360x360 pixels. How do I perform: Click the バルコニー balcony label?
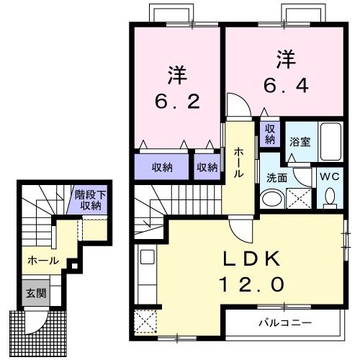click(x=285, y=323)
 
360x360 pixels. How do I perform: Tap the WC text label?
click(x=329, y=176)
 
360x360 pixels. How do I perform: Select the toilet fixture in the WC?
click(x=330, y=196)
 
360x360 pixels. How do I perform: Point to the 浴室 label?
click(x=300, y=142)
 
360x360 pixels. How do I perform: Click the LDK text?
click(x=252, y=257)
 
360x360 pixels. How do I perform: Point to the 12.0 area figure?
click(x=252, y=284)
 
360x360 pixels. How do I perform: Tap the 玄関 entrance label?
click(x=35, y=293)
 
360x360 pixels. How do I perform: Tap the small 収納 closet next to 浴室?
click(x=269, y=133)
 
